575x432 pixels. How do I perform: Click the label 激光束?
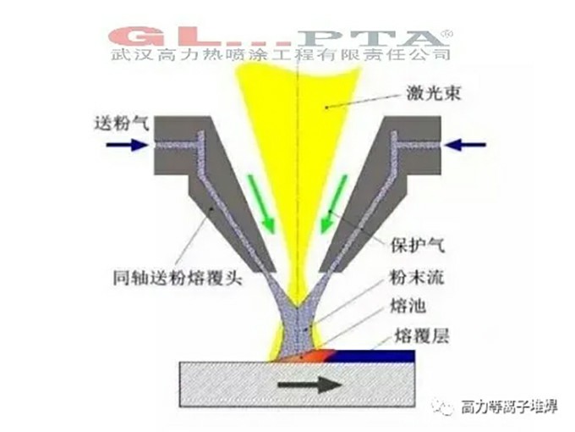click(433, 93)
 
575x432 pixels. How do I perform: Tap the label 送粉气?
click(122, 123)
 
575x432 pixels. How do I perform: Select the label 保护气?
click(418, 245)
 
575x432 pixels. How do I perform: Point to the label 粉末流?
click(417, 277)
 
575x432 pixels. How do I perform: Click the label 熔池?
click(408, 307)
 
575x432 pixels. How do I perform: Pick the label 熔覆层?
click(421, 335)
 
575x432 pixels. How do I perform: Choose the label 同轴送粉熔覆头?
click(178, 278)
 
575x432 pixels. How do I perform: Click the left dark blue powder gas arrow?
click(127, 145)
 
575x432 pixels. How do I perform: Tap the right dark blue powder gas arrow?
click(465, 145)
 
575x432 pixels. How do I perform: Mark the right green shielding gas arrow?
click(334, 203)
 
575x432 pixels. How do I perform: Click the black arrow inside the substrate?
click(309, 385)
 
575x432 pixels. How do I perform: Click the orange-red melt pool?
click(315, 356)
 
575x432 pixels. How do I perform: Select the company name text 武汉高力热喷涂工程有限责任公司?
click(280, 55)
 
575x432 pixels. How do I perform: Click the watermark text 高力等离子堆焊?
click(509, 407)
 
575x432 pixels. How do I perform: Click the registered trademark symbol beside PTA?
click(448, 33)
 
